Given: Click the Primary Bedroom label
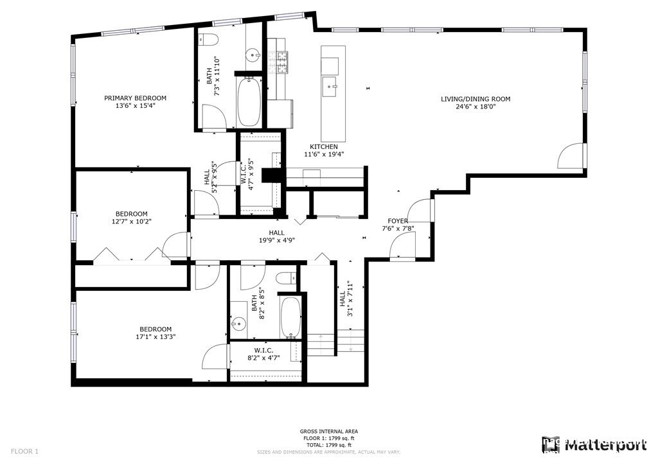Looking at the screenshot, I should coord(136,98).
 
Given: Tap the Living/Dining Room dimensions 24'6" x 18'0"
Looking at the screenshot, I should coord(476,107).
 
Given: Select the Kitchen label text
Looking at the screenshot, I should coord(324,146).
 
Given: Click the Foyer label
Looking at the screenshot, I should coord(398,221).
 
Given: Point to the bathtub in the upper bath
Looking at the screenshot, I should coord(249,102).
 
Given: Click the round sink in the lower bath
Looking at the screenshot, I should coord(240,322).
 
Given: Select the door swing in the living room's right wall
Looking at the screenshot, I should coord(572,156).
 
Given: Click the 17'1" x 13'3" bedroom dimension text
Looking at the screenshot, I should coord(153,337).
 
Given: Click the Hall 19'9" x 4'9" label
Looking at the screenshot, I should coord(277,237).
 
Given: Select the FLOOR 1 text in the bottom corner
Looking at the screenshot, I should coord(25,452).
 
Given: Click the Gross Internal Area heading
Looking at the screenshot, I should coord(329,432).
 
